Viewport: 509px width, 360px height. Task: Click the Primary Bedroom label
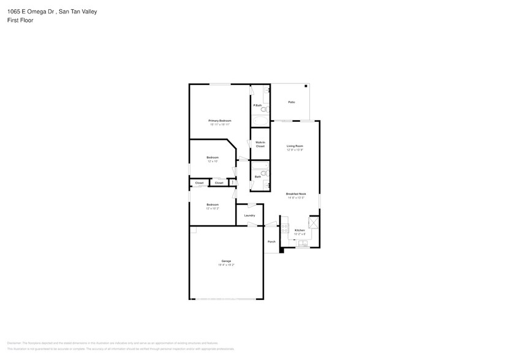(219, 121)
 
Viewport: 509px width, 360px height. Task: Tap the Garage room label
(226, 261)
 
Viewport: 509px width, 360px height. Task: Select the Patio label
(292, 102)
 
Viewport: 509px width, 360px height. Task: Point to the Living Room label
(295, 146)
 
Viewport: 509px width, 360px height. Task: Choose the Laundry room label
(249, 216)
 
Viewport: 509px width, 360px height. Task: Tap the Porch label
(271, 241)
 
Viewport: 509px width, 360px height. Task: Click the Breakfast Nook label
(296, 194)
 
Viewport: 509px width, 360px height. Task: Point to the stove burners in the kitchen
(284, 229)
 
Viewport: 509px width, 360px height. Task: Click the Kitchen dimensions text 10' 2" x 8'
(300, 234)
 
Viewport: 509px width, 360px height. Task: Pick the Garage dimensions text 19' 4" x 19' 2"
(226, 264)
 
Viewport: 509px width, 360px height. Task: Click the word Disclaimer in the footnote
(14, 343)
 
